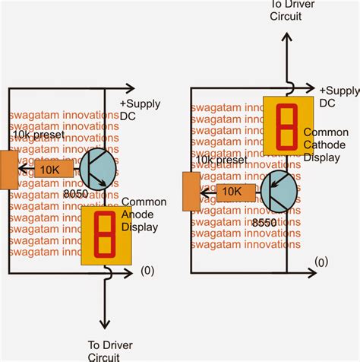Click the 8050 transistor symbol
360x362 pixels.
[x=96, y=168]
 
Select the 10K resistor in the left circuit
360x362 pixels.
[x=53, y=168]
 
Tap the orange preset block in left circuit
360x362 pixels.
[x=8, y=169]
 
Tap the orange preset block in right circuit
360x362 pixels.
[x=191, y=190]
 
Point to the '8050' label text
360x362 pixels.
[x=76, y=195]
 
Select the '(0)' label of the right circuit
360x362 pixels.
[x=322, y=262]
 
